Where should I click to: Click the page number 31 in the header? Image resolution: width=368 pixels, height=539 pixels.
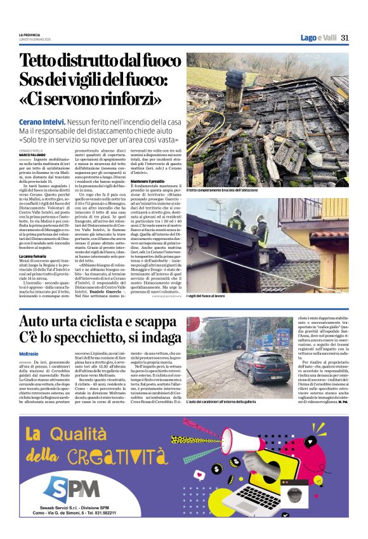(345, 37)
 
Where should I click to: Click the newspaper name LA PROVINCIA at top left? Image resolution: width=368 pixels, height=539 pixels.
(30, 34)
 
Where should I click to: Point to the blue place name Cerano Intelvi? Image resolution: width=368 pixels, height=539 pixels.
(42, 121)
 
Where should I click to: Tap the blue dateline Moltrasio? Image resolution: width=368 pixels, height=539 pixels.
(30, 350)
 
